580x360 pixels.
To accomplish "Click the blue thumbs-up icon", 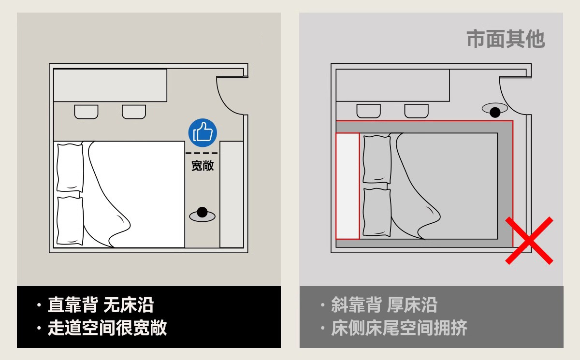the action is coord(203,132).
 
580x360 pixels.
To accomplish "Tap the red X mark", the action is coord(529,240).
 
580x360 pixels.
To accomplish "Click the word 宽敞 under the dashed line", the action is coord(203,166).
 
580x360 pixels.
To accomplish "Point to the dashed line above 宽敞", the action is coord(202,153).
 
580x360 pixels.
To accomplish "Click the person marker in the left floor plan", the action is coord(202,213).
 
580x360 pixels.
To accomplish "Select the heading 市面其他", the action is coord(506,39).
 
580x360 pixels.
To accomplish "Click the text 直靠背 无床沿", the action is coord(101,305).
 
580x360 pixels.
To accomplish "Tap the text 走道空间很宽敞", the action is coord(107,328).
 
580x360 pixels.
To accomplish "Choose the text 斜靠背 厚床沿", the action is coord(384,305).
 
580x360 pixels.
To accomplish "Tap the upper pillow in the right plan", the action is coord(377,159).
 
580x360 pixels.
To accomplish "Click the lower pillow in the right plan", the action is coord(377,212).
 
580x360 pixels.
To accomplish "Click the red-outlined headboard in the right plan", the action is coord(348,186).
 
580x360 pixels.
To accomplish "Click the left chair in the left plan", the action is coord(86,112).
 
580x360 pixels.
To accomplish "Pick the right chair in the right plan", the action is coord(416,111).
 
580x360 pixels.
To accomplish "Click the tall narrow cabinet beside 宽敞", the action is coord(232,194).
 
